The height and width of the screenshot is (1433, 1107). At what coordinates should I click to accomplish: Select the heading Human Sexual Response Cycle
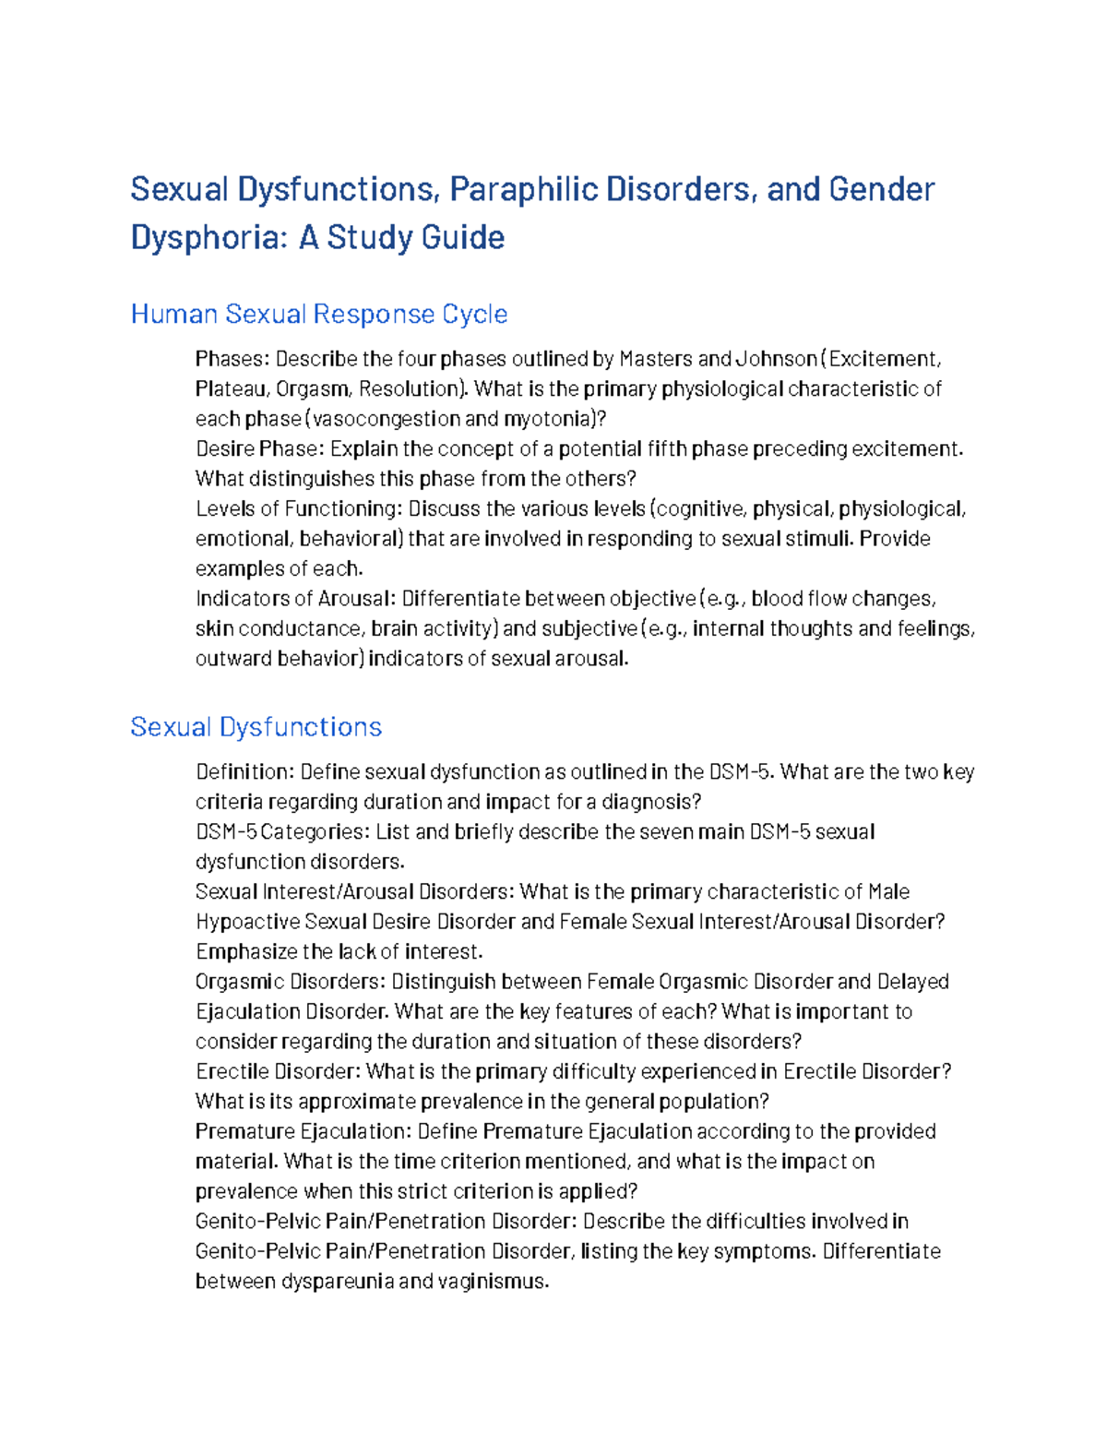(318, 315)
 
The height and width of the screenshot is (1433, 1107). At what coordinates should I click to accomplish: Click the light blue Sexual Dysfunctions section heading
(256, 727)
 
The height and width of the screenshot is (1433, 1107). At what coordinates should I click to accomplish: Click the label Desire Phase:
(259, 448)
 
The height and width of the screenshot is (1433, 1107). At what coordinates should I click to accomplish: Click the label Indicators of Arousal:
(295, 599)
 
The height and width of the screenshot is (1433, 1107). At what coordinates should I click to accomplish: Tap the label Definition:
(244, 771)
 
